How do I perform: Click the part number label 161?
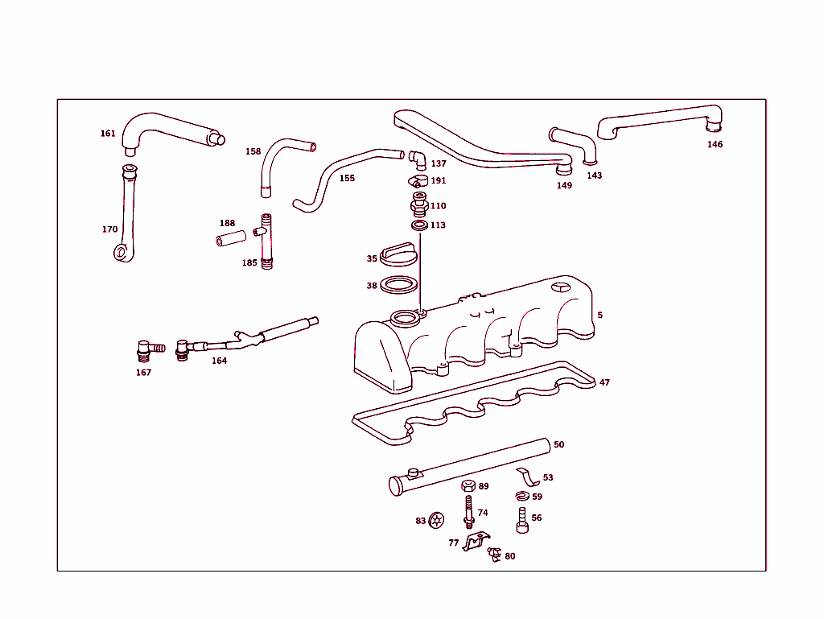(x=108, y=134)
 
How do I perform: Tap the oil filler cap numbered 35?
(x=399, y=255)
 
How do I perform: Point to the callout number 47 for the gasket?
(x=604, y=383)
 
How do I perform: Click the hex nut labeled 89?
(x=468, y=486)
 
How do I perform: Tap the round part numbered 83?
(x=436, y=521)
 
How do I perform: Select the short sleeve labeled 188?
(x=229, y=240)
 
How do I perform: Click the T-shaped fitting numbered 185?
(x=266, y=241)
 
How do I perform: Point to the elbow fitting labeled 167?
(x=145, y=350)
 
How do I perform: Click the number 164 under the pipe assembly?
(x=219, y=361)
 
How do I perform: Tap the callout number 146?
(x=715, y=145)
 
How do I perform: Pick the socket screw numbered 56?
(x=521, y=520)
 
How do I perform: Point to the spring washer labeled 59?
(x=522, y=497)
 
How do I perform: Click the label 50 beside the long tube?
(x=558, y=444)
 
